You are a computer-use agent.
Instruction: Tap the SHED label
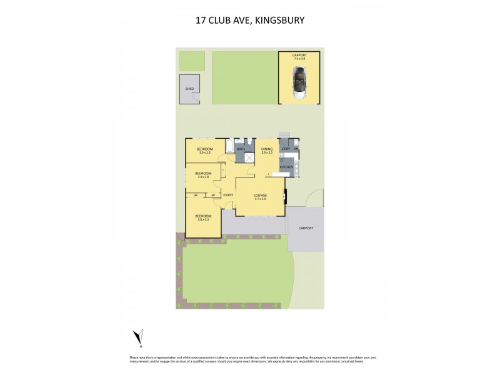click(x=189, y=89)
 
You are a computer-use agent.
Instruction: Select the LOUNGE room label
click(x=261, y=196)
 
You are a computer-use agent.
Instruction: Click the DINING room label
click(x=267, y=149)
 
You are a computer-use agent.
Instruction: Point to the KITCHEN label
click(x=287, y=167)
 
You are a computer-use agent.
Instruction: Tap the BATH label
click(x=240, y=149)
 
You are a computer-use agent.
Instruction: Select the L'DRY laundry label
click(x=285, y=149)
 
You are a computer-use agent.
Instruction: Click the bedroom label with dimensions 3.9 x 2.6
click(x=204, y=149)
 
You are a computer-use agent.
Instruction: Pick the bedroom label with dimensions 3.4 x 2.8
click(x=203, y=174)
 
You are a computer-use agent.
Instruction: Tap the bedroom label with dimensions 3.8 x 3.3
click(x=204, y=217)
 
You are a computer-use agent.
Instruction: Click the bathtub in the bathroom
click(x=229, y=147)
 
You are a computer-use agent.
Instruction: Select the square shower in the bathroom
click(x=249, y=157)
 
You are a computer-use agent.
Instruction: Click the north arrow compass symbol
click(x=140, y=337)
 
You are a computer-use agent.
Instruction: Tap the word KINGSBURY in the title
click(x=278, y=20)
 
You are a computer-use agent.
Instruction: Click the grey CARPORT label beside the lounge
click(x=306, y=228)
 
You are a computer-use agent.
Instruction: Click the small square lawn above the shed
click(x=192, y=61)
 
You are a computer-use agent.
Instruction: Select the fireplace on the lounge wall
click(x=285, y=196)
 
